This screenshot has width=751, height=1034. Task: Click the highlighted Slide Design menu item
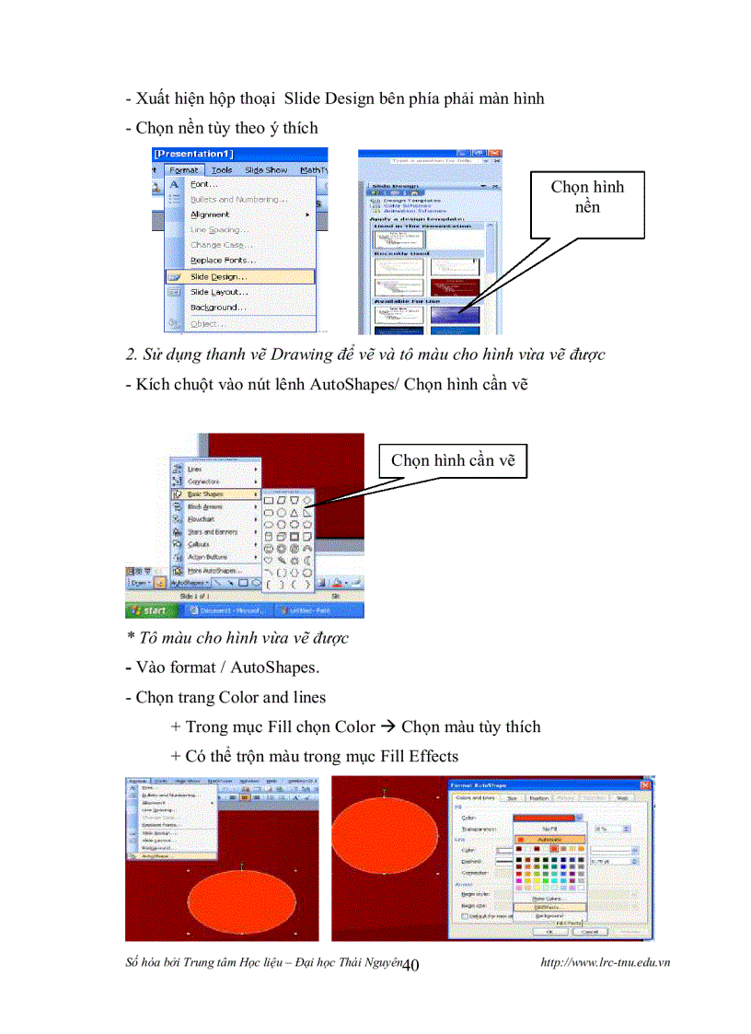(218, 276)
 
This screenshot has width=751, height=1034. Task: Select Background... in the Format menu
(217, 308)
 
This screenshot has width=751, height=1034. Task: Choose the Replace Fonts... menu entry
(222, 261)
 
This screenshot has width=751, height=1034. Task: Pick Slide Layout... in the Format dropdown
(219, 292)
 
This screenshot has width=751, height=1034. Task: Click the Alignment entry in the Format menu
(210, 215)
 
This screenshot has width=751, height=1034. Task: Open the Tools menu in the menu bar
(221, 170)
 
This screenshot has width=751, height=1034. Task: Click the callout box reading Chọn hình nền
(587, 198)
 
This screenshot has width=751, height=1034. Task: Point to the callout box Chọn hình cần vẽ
(453, 460)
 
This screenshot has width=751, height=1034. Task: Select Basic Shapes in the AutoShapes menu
(206, 494)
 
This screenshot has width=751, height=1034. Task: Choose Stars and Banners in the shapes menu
(213, 532)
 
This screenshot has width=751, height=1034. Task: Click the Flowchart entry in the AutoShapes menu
(200, 519)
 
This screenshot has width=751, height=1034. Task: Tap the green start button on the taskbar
(147, 610)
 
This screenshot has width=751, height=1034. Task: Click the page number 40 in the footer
(411, 964)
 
